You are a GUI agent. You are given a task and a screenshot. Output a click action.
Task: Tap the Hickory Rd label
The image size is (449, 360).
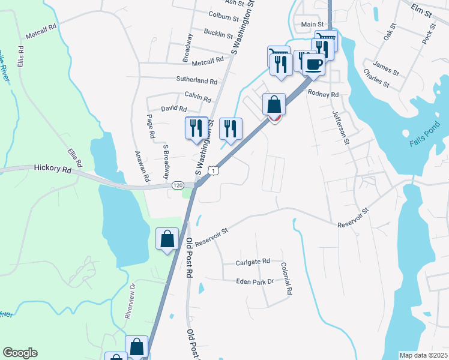click(x=52, y=170)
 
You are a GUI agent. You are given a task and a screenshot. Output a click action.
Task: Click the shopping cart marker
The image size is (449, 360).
click(x=278, y=56)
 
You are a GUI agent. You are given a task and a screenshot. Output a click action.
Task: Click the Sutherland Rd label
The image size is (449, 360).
click(x=196, y=80)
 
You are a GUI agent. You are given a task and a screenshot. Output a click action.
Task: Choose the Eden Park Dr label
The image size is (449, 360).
click(x=255, y=281)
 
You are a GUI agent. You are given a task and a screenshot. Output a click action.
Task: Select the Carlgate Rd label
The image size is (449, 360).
click(x=253, y=262)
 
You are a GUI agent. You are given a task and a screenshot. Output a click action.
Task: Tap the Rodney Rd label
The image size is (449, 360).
click(x=323, y=94)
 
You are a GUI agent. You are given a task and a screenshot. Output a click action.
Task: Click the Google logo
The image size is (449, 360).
click(x=20, y=353)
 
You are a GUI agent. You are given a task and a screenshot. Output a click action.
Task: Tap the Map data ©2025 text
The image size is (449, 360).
click(x=423, y=355)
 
